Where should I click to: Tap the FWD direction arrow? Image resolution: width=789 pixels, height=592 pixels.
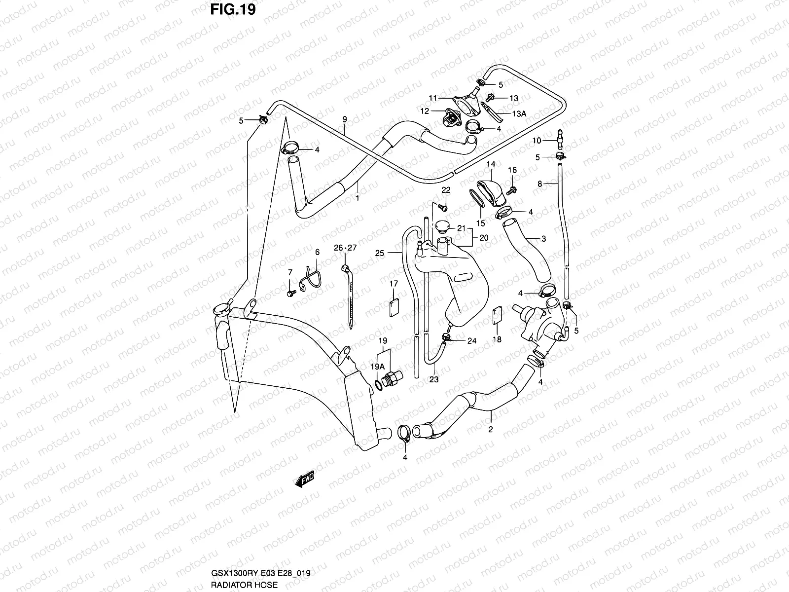point(306,480)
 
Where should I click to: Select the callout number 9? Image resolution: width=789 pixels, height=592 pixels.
point(345,119)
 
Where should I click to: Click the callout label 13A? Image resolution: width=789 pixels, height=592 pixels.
point(519,114)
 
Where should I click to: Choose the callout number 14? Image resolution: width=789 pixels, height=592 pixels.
point(491,164)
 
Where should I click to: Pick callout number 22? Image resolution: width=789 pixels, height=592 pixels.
point(446,190)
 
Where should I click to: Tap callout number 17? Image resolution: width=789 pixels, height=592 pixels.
point(394,284)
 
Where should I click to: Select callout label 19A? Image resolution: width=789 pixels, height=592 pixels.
point(378,367)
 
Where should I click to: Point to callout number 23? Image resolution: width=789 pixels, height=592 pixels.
point(434,380)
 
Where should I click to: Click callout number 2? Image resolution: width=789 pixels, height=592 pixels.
point(491,429)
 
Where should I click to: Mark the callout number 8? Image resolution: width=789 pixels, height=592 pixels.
point(540,184)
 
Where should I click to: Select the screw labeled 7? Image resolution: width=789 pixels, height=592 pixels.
point(289,293)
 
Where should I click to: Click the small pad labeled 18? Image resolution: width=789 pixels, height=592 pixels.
point(498,316)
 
